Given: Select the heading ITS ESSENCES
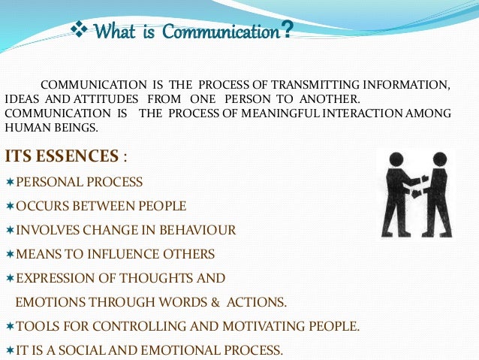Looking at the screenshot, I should pyautogui.click(x=62, y=156).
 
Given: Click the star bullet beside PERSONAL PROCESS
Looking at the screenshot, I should pyautogui.click(x=9, y=183).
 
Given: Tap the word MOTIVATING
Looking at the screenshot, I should pyautogui.click(x=254, y=326).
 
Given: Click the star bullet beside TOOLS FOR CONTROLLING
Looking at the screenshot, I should pyautogui.click(x=9, y=326).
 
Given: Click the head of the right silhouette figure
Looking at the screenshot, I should pyautogui.click(x=440, y=159).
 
